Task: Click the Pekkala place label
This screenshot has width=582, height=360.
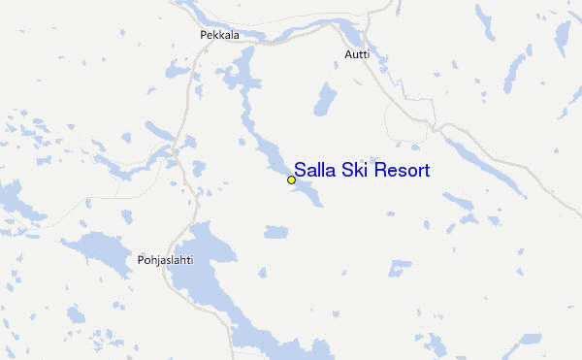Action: point(219,36)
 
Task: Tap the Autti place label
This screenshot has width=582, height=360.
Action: point(357,55)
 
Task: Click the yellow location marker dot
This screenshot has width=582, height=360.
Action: point(291,180)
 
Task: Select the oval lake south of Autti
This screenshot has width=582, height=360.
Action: point(325,99)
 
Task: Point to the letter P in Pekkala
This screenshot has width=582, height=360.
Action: point(203,36)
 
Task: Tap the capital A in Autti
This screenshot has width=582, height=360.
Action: point(348,55)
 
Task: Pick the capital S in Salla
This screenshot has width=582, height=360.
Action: point(301,170)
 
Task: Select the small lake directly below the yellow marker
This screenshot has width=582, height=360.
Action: point(276,232)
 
